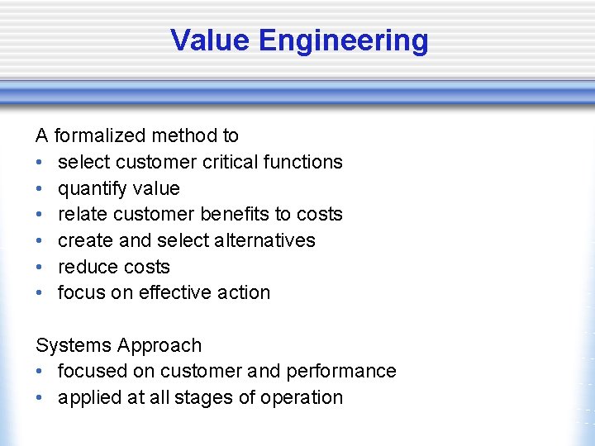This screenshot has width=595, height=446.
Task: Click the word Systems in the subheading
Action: click(73, 345)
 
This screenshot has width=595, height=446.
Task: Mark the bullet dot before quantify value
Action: click(40, 189)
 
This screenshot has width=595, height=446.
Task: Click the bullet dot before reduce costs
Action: click(40, 268)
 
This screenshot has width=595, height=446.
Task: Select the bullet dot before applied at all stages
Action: click(40, 398)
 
